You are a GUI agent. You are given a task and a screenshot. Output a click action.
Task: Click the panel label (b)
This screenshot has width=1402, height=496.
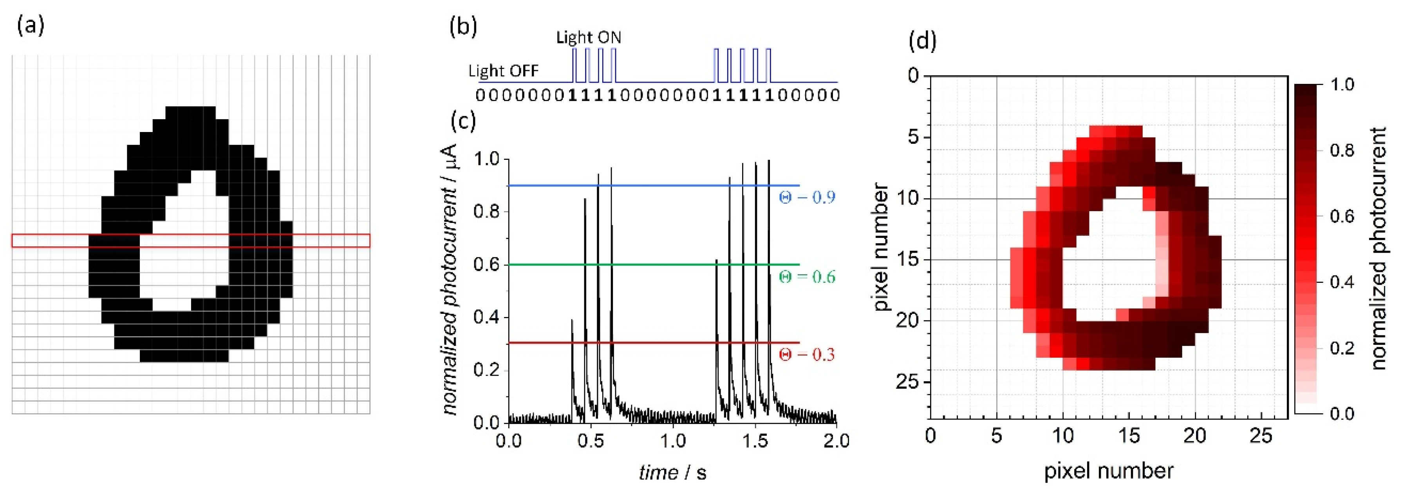[463, 26]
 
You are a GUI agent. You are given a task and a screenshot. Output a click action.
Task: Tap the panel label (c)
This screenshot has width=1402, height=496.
[463, 121]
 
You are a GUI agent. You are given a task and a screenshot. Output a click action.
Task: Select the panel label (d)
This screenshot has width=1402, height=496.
[923, 41]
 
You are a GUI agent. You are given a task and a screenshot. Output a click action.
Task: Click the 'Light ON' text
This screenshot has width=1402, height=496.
[588, 38]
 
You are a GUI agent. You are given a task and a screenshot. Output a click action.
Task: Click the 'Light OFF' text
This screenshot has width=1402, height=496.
[504, 71]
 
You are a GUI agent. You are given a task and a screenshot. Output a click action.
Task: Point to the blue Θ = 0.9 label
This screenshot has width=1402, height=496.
[807, 197]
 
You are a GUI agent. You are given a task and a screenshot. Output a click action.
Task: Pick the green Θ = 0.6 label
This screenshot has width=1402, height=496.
[807, 277]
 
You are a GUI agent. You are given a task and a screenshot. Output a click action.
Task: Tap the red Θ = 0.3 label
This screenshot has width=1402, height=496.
[807, 355]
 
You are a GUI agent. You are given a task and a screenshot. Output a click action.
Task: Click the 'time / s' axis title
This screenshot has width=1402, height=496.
[673, 472]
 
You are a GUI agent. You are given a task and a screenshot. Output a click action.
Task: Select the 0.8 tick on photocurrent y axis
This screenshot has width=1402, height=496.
[486, 212]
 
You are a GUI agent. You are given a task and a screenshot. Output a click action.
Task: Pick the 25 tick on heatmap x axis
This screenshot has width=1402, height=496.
[1261, 436]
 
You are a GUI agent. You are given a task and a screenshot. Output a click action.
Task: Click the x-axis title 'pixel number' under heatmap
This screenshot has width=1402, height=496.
[1109, 471]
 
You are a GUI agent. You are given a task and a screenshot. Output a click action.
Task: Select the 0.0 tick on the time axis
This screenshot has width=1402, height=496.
[509, 440]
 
